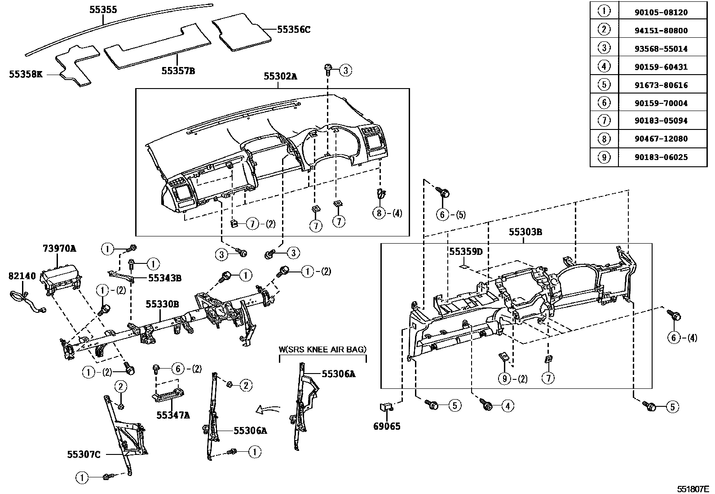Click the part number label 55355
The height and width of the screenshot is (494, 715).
(103, 9)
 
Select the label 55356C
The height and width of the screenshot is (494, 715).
(293, 30)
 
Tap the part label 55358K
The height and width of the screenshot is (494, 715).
(26, 74)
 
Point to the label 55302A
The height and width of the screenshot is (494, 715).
(280, 76)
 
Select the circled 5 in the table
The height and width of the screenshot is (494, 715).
(604, 85)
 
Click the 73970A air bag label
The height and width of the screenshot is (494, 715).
(59, 248)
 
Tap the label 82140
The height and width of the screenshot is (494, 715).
(22, 276)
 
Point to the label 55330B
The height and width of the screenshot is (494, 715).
(162, 304)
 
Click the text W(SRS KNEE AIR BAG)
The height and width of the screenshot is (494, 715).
(322, 349)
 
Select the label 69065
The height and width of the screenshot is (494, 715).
(386, 426)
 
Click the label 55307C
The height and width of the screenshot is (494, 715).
(84, 454)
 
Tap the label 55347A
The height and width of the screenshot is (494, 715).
(173, 415)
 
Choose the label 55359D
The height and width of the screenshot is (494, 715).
(466, 251)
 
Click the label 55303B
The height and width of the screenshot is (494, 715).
(525, 232)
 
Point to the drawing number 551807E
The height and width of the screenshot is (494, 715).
(693, 489)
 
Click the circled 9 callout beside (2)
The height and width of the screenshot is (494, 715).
(504, 378)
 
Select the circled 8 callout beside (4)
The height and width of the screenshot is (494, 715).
(379, 213)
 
